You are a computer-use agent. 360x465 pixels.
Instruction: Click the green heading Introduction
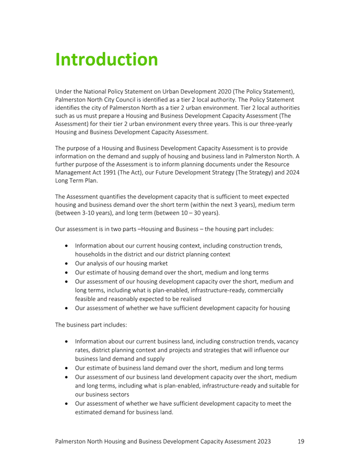click(107, 59)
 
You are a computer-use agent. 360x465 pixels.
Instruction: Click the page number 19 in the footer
click(301, 441)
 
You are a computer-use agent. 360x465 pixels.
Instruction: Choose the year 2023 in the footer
click(261, 441)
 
